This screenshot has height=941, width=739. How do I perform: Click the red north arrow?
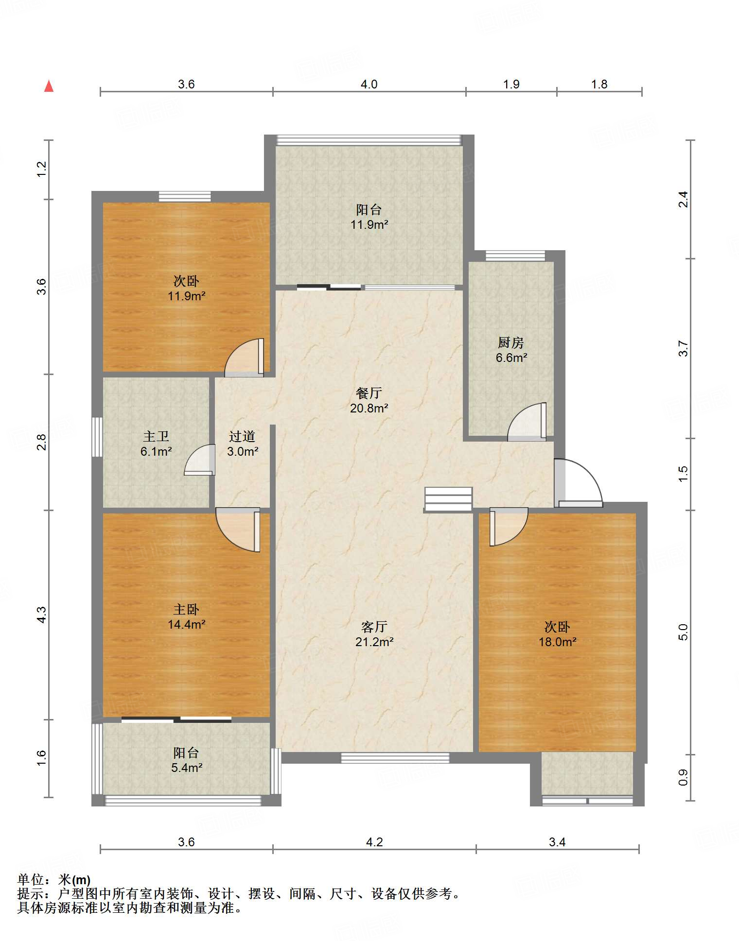click(49, 86)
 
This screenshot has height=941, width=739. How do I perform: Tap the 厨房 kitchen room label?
click(511, 342)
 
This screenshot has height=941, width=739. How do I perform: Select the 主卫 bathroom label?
click(156, 436)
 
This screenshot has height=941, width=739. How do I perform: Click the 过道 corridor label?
click(242, 436)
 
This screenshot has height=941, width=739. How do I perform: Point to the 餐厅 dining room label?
click(369, 393)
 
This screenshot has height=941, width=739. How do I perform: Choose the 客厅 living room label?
click(374, 627)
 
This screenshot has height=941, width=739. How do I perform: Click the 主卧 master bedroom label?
click(186, 609)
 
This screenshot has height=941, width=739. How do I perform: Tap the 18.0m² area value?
click(557, 642)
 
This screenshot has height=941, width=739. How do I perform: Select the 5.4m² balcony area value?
click(186, 768)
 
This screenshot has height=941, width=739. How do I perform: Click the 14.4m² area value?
click(186, 624)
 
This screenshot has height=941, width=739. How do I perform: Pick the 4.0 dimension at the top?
click(369, 84)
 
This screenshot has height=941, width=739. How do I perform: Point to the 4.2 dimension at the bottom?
click(374, 842)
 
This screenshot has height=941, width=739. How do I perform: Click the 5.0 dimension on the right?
click(683, 632)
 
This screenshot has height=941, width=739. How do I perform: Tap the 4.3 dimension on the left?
click(42, 615)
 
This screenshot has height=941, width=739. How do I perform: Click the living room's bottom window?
click(395, 757)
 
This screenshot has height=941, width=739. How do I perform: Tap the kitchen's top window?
click(515, 256)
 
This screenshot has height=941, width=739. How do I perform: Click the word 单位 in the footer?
click(30, 879)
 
